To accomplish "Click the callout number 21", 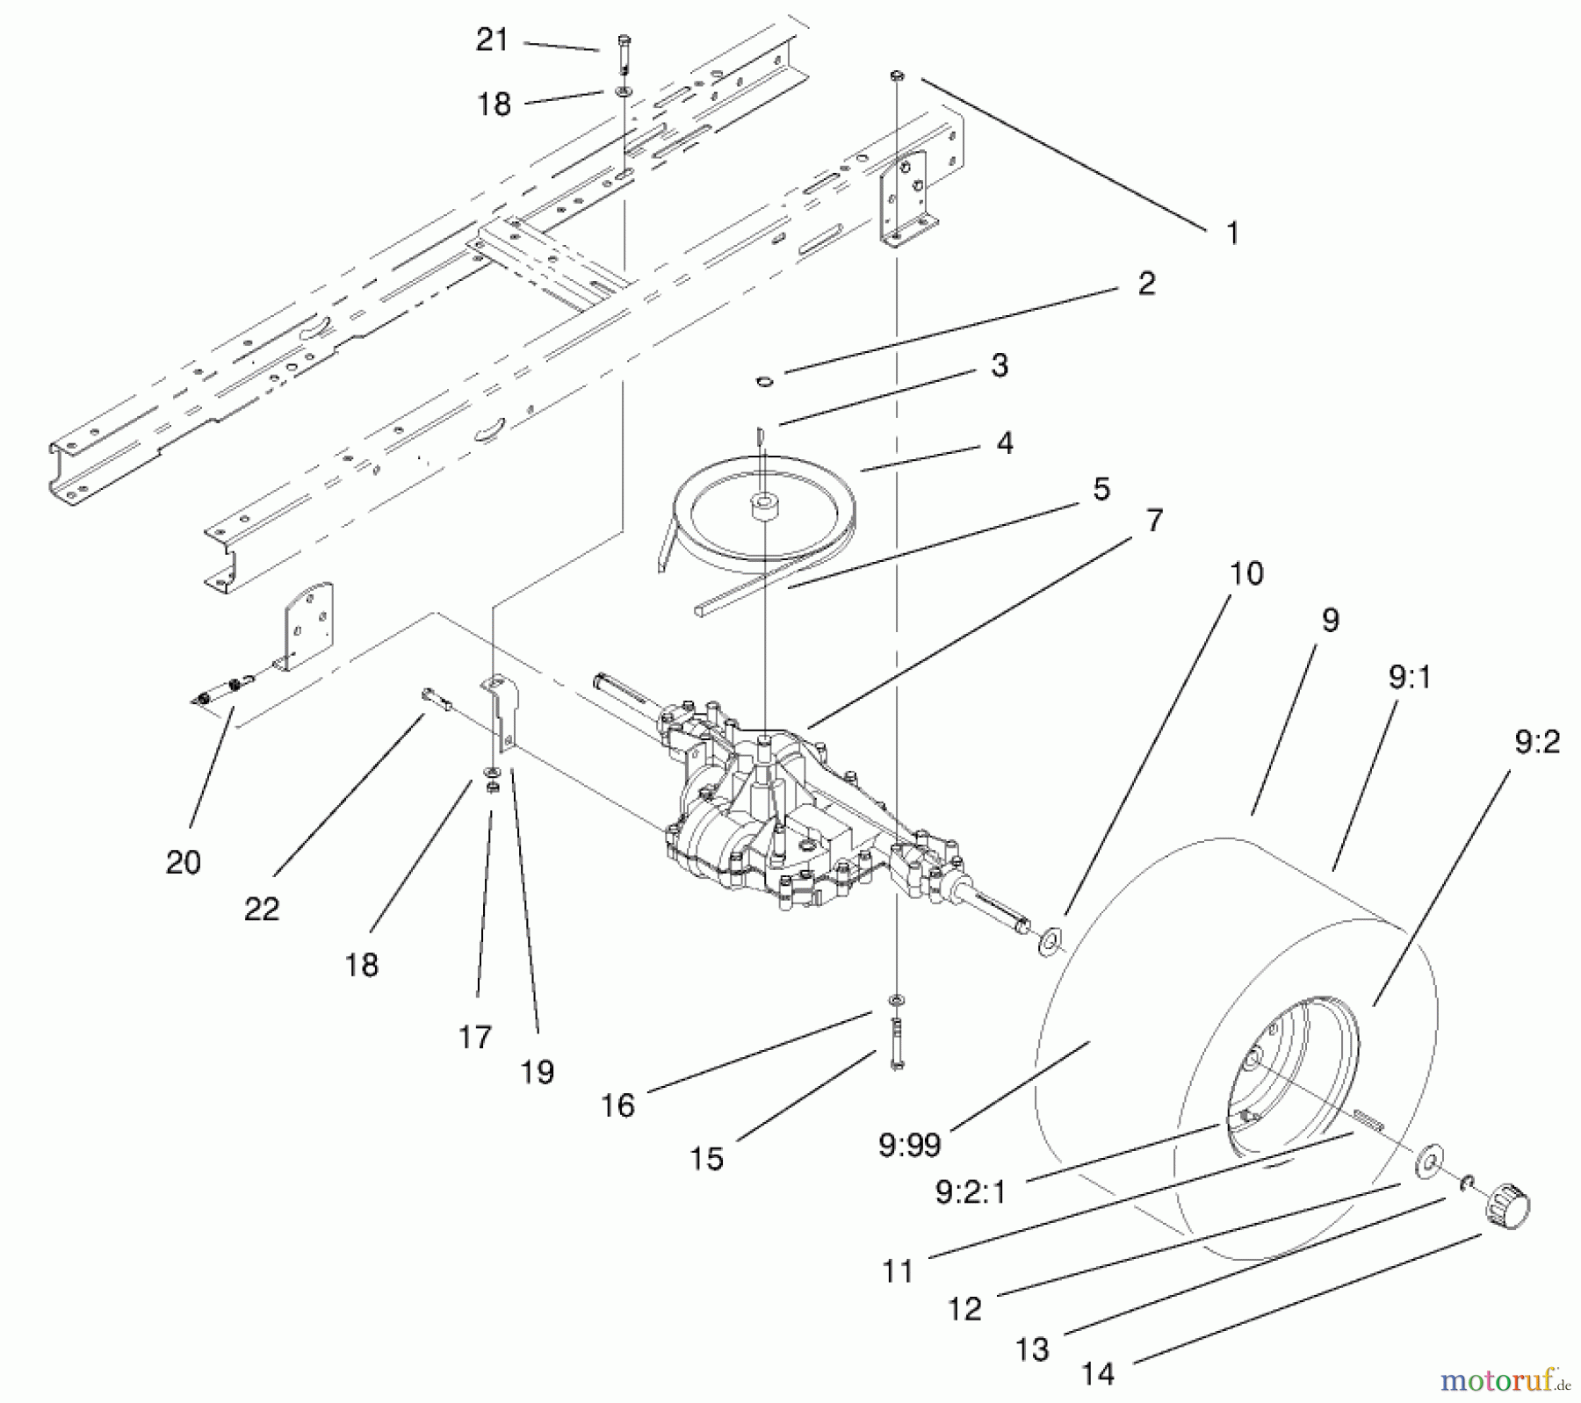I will [492, 40].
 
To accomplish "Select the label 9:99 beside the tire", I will [909, 1145].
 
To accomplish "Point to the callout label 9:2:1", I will [971, 1192].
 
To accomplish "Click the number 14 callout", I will [1098, 1373].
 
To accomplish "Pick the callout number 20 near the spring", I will [183, 862].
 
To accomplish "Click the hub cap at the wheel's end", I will [1507, 1212].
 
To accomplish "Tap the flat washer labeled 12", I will [1432, 1163].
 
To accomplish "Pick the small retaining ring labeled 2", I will [764, 380].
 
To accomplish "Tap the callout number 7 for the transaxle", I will [1154, 520].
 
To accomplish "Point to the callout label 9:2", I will [1536, 743].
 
